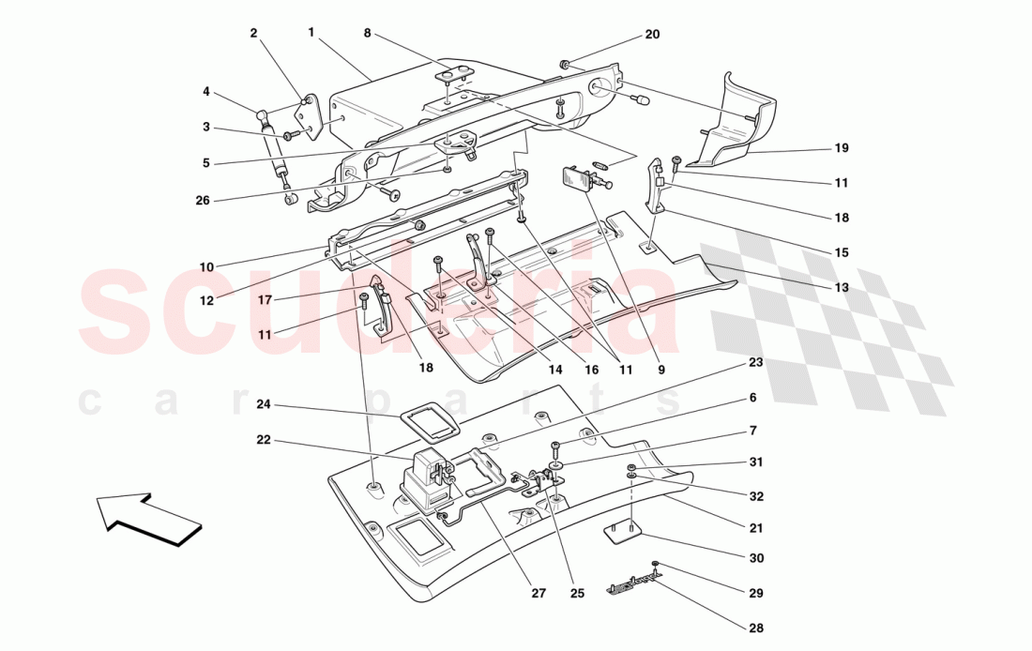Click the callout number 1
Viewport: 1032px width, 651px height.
click(x=311, y=32)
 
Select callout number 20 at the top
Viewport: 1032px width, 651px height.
click(x=652, y=35)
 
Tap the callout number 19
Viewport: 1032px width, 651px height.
click(x=841, y=148)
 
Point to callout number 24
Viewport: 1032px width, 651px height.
click(x=264, y=405)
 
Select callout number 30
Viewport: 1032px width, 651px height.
click(x=756, y=557)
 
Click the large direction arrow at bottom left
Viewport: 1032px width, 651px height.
click(x=150, y=518)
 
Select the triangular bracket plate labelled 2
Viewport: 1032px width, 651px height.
click(x=308, y=119)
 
